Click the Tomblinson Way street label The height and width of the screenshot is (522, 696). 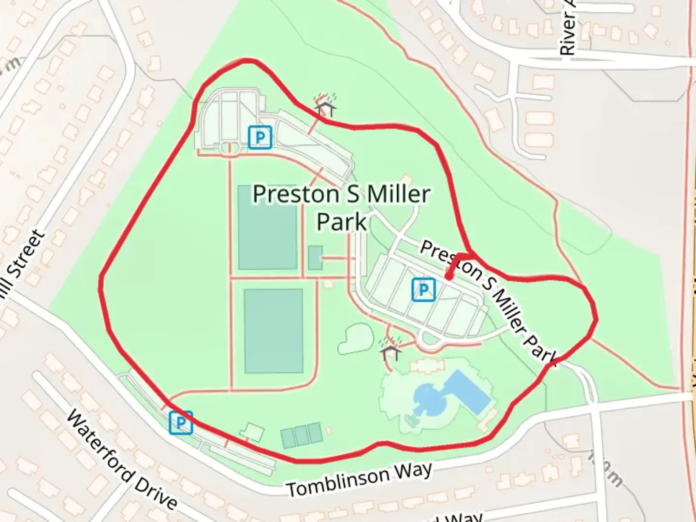360,479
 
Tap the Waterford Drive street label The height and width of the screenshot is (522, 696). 121,461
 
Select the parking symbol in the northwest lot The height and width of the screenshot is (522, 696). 260,137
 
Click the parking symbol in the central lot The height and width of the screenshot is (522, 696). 423,290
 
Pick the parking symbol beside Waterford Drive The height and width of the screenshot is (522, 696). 181,423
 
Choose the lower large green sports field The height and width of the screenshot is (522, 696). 273,331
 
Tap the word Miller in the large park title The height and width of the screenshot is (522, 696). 398,194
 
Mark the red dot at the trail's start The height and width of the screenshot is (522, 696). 449,277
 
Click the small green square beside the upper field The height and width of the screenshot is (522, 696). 315,258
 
